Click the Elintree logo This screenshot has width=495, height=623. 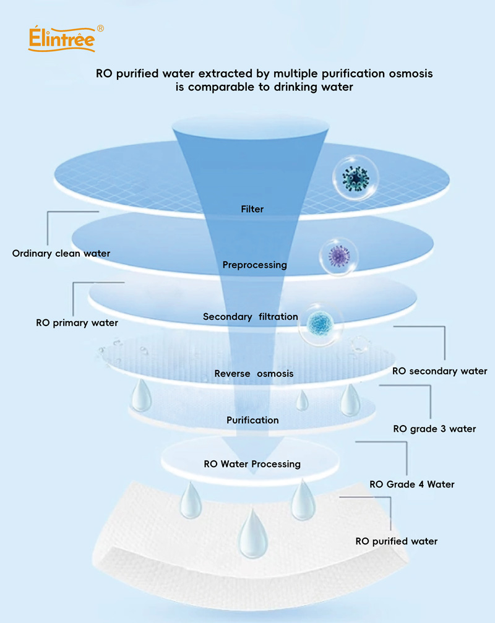click(62, 39)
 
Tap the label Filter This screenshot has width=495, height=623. click(252, 209)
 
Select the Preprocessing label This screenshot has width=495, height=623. click(254, 265)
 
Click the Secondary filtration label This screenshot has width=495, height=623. click(251, 317)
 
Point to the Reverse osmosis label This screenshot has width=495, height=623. click(254, 373)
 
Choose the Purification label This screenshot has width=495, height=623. click(252, 420)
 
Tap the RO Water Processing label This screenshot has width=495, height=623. click(252, 464)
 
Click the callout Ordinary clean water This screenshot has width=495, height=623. click(61, 253)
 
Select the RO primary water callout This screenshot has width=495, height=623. click(77, 322)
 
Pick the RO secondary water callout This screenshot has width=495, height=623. click(440, 371)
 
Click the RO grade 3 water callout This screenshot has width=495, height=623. click(434, 429)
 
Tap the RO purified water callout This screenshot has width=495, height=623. click(396, 541)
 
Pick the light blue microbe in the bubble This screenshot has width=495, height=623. click(319, 322)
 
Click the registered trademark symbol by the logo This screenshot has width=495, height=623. click(101, 28)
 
